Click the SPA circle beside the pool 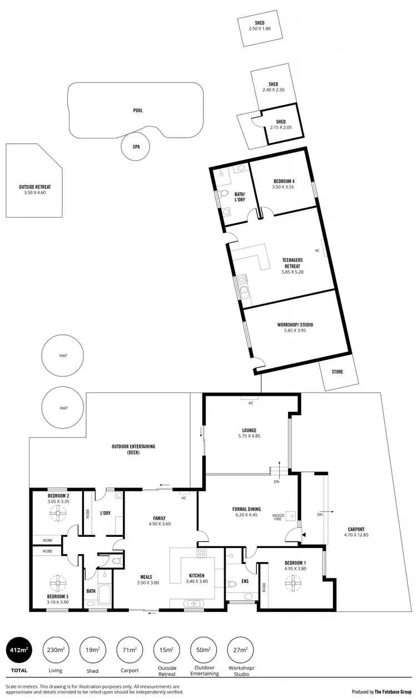136,147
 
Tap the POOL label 138,110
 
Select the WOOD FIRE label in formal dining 278,518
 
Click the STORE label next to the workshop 337,371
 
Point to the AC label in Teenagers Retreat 317,250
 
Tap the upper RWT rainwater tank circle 63,357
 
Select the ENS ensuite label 245,582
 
